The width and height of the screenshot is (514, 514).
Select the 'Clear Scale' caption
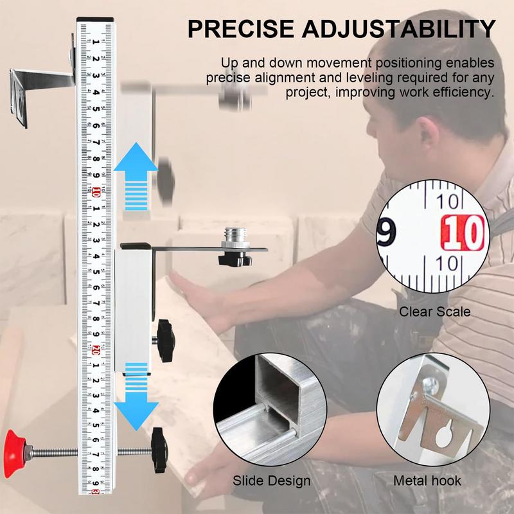[x=435, y=312]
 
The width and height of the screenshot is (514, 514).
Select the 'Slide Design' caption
[x=272, y=481]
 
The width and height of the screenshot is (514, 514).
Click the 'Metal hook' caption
[x=427, y=481]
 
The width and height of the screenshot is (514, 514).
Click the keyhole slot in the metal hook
[x=443, y=436]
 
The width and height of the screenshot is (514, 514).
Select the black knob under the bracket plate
[x=233, y=260]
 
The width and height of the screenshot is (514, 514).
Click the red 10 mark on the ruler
[x=95, y=191]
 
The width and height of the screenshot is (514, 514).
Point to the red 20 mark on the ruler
[x=95, y=350]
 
